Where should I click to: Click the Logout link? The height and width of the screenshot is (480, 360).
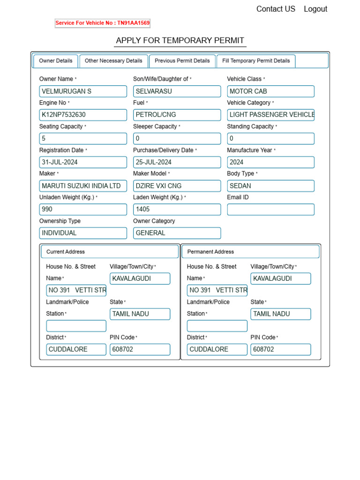[315, 9]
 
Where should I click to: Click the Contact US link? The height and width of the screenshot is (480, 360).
[276, 9]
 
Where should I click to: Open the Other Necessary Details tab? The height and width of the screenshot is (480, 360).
[113, 61]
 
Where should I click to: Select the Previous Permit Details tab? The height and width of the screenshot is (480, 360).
[182, 61]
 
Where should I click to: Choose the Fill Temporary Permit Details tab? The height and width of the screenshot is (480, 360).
[256, 61]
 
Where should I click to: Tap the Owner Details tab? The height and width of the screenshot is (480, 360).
[56, 61]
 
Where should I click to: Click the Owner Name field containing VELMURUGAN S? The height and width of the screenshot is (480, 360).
[83, 91]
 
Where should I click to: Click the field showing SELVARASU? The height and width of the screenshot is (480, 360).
[177, 91]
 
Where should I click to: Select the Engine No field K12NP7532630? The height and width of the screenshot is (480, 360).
[83, 115]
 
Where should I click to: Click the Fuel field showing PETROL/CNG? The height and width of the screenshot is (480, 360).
[177, 115]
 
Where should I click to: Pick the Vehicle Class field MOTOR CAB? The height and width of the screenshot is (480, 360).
[270, 91]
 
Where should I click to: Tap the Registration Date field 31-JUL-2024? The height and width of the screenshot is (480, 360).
[83, 162]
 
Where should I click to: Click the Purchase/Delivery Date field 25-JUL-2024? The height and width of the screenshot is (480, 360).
[177, 162]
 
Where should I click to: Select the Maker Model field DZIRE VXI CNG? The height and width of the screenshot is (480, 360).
[177, 186]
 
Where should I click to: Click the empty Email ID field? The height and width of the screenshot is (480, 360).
[270, 210]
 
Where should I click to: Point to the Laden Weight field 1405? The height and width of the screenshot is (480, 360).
[177, 210]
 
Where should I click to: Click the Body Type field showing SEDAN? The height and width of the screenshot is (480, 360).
[270, 186]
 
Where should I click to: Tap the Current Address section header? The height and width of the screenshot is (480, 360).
[110, 252]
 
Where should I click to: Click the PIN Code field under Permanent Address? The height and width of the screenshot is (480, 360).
[280, 349]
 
